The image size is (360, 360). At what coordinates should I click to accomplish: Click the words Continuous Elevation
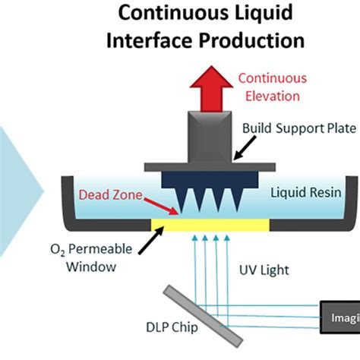[x=273, y=86]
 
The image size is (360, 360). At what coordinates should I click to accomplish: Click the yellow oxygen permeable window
[x=210, y=225]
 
